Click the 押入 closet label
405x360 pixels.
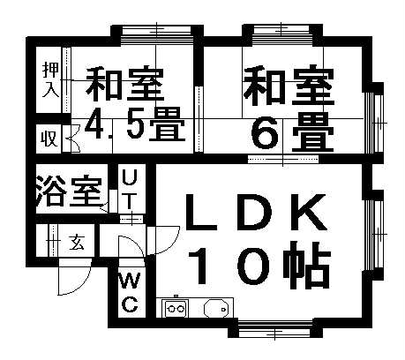[51, 79]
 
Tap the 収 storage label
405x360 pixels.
[49, 139]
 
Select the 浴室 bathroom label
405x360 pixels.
[70, 191]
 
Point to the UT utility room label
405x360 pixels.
[129, 190]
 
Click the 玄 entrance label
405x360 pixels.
[77, 243]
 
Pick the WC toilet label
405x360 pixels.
[129, 293]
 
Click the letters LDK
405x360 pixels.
[257, 212]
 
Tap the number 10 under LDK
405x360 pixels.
[229, 266]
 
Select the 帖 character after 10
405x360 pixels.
[306, 266]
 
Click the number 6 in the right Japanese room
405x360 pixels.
[265, 132]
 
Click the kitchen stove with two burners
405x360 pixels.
[176, 309]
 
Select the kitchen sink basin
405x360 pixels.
[216, 309]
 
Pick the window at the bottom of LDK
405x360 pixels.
[274, 328]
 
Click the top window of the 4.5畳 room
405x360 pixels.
[156, 35]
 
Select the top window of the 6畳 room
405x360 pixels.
[281, 34]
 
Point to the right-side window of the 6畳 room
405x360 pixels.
[373, 122]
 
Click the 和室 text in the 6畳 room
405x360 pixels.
[289, 86]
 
